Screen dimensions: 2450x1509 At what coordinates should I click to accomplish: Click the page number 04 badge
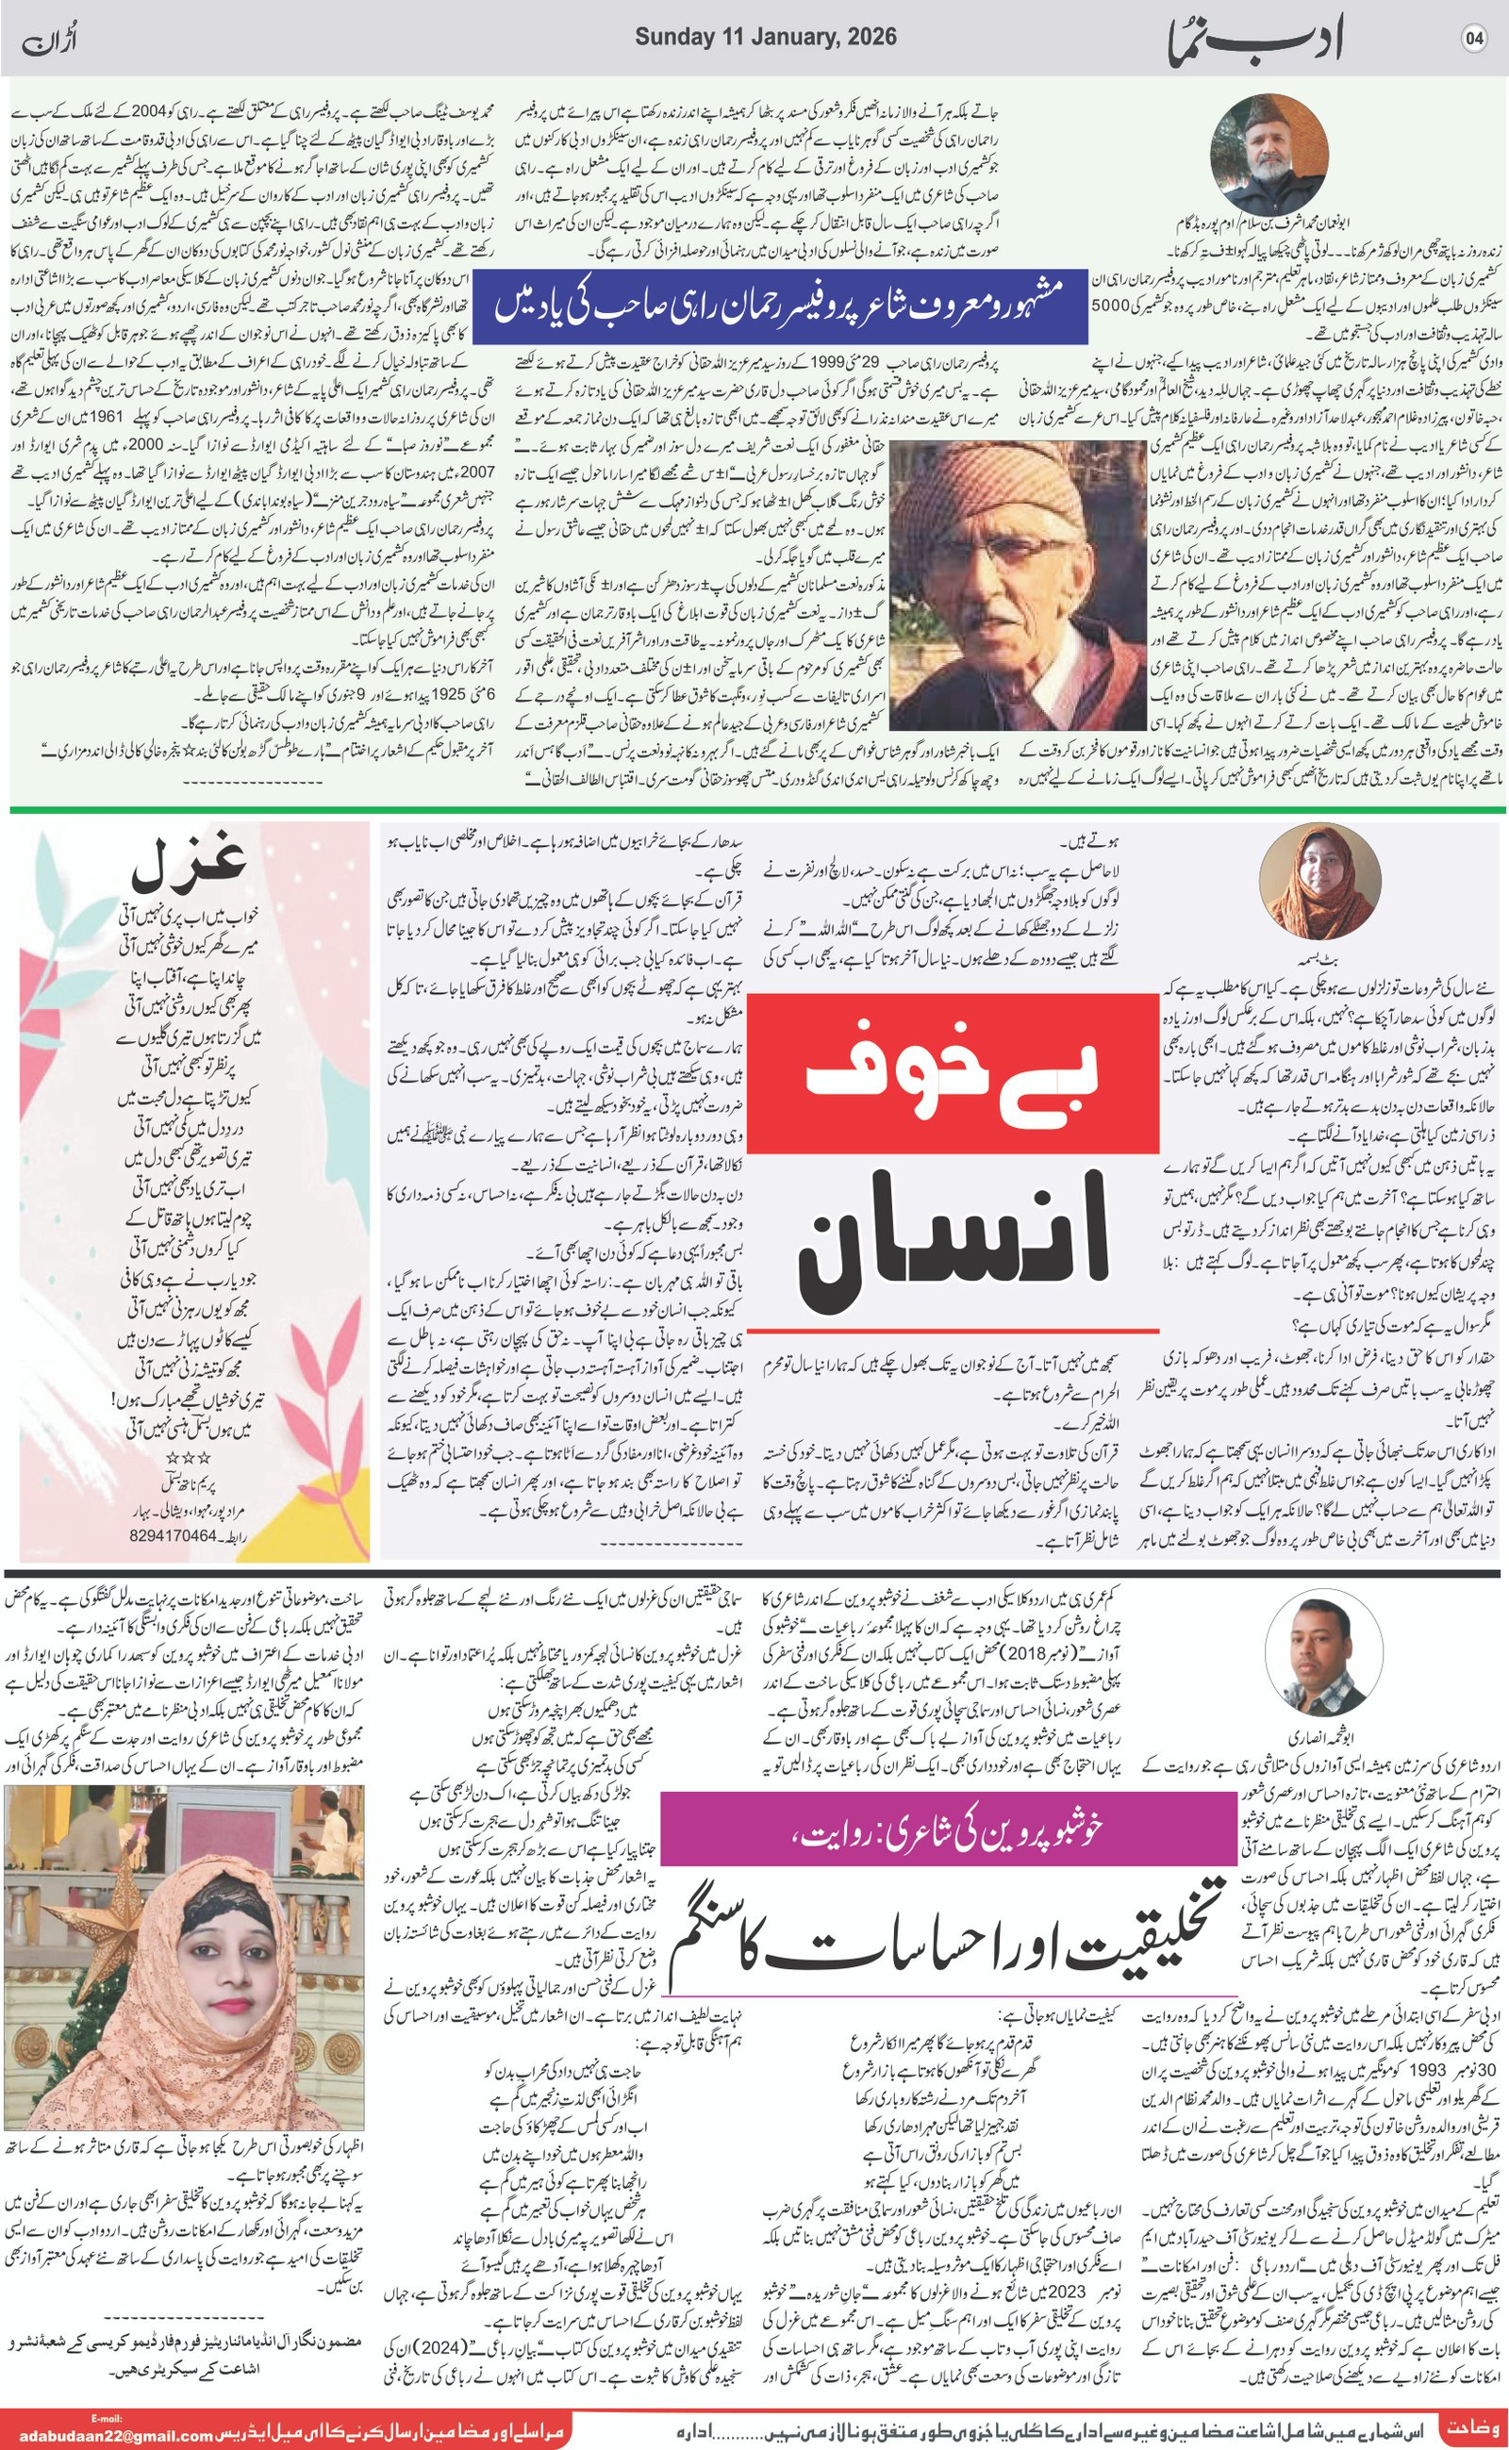pos(1474,40)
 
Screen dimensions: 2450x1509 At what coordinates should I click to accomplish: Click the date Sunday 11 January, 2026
pos(766,38)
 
